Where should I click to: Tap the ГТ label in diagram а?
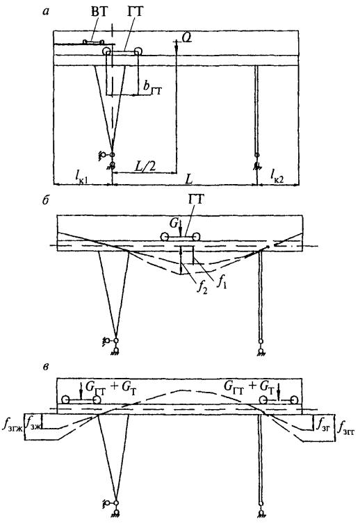pos(135,11)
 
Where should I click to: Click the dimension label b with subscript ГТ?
pos(152,88)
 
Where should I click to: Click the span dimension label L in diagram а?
pos(189,179)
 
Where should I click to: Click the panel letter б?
pos(46,200)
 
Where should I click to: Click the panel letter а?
pos(46,12)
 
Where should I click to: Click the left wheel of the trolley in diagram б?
pos(165,237)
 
